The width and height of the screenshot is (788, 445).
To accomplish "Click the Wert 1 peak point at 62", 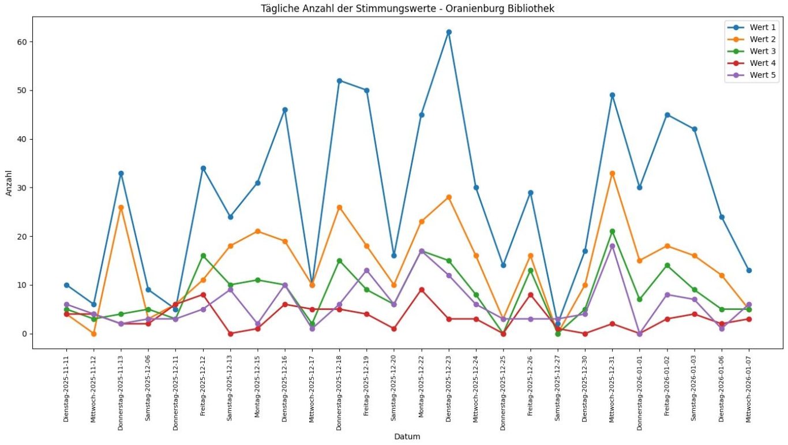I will (449, 32).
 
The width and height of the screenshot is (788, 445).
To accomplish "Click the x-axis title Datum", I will (407, 437).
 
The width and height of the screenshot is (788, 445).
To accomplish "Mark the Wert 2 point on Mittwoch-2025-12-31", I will (612, 173).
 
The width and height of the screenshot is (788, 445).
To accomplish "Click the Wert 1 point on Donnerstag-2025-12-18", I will (339, 81).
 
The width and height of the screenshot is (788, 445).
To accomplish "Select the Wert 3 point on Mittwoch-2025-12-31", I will (612, 231).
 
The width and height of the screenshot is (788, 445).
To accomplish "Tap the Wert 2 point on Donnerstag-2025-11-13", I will (121, 207).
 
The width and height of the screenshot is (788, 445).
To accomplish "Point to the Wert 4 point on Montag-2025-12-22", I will (422, 290).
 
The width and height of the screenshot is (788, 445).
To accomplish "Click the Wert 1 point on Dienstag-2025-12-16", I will (285, 110).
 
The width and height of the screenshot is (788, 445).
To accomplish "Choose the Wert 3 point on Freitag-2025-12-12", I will (203, 256).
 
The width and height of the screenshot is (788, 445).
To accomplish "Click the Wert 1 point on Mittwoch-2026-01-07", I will (749, 270).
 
